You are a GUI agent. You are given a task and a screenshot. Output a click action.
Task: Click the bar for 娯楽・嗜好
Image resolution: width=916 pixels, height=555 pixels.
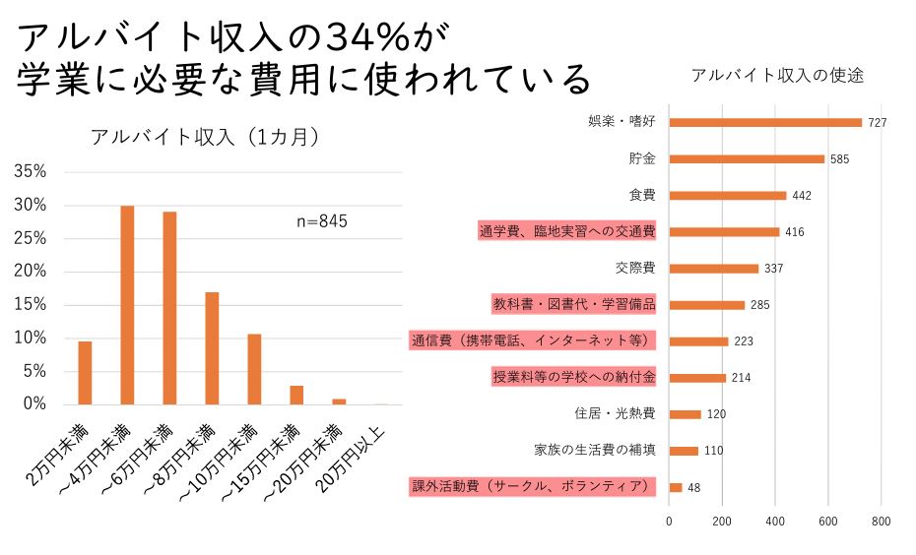(x=765, y=122)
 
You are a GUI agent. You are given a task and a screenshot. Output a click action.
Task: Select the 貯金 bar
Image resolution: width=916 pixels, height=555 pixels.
(x=747, y=158)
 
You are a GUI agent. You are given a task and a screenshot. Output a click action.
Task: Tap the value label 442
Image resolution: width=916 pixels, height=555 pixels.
(x=802, y=196)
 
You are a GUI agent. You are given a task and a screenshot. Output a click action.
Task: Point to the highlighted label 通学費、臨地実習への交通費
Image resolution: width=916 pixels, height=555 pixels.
(x=567, y=231)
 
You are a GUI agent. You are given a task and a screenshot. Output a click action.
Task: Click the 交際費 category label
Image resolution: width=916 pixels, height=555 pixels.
(x=635, y=268)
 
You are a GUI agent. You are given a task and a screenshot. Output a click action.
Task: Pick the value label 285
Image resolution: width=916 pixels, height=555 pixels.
(x=758, y=305)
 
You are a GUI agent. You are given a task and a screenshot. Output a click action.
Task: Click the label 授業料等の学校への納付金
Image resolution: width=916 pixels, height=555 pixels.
(x=573, y=378)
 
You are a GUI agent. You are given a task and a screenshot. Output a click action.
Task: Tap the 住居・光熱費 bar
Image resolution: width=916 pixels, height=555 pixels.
(x=685, y=414)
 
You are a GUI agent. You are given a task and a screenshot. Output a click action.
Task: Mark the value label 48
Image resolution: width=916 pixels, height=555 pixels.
(x=694, y=488)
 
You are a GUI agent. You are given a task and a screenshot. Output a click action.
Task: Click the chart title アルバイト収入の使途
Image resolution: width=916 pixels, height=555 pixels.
(x=777, y=76)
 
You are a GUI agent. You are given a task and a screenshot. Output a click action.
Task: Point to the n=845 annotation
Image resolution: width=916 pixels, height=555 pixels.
(x=322, y=221)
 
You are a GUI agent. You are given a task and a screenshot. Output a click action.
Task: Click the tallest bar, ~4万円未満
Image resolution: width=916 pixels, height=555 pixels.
(x=127, y=305)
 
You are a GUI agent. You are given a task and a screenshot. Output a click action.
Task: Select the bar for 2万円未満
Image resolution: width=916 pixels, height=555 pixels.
(x=85, y=372)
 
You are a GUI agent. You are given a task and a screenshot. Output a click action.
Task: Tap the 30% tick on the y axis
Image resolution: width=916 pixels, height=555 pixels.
(x=31, y=205)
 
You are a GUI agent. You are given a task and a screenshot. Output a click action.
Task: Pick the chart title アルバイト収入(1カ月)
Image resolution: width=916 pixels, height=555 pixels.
(x=204, y=137)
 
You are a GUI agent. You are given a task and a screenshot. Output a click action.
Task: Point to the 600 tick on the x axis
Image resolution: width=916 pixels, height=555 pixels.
(x=827, y=523)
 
